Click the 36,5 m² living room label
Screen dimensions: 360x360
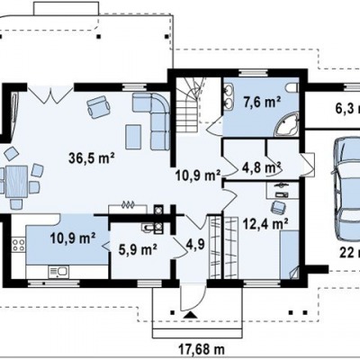pyautogui.click(x=92, y=157)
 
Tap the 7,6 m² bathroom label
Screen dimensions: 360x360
pyautogui.click(x=262, y=103)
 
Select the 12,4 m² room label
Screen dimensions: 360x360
pyautogui.click(x=265, y=223)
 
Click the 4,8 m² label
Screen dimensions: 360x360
pyautogui.click(x=261, y=168)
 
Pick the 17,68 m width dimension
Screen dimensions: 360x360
pyautogui.click(x=202, y=349)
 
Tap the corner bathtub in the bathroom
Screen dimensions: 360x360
pyautogui.click(x=287, y=125)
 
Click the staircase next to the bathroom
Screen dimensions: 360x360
pyautogui.click(x=188, y=104)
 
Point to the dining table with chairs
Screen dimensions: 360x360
pyautogui.click(x=17, y=178)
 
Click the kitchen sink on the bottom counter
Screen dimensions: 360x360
pyautogui.click(x=58, y=273)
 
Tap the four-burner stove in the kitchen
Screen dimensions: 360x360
pyautogui.click(x=18, y=244)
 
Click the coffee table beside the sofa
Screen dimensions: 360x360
pyautogui.click(x=133, y=137)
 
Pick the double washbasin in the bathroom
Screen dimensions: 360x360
pyautogui.click(x=229, y=95)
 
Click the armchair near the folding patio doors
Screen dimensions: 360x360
pyautogui.click(x=98, y=106)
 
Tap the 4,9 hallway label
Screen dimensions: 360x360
pyautogui.click(x=195, y=244)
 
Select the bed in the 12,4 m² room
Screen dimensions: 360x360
pyautogui.click(x=289, y=255)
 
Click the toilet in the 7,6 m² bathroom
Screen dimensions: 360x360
pyautogui.click(x=292, y=87)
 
